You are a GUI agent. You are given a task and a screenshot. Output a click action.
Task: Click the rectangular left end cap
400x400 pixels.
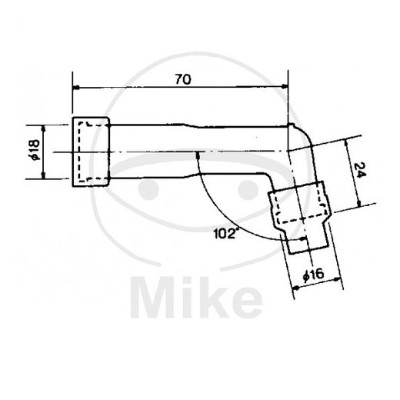tap(92, 152)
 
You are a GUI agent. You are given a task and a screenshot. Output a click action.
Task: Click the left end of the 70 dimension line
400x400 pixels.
tap(74, 88)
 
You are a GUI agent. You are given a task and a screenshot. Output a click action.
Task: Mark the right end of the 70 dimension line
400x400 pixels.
tap(288, 88)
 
